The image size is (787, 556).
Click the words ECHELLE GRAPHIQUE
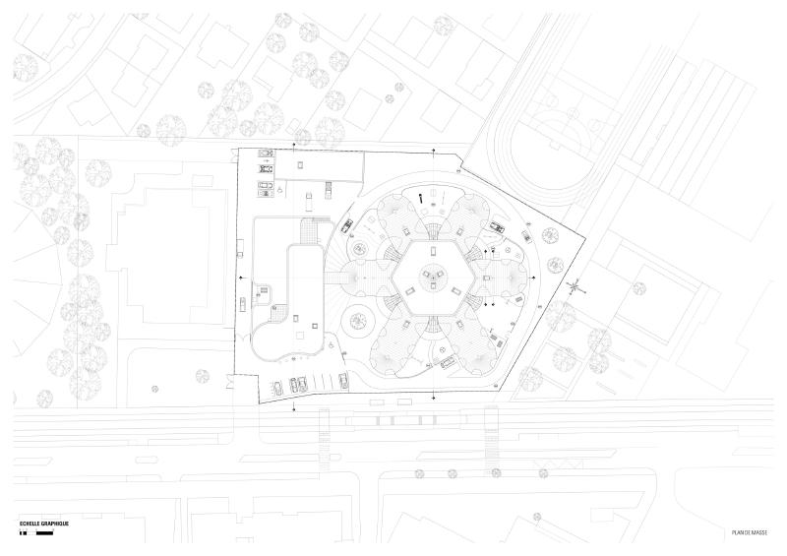coord(43,524)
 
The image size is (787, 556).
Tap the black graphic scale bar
coord(36,532)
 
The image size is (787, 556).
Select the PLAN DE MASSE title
coord(750,533)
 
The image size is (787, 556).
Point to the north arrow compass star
coord(576,287)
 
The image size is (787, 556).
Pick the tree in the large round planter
coord(357,320)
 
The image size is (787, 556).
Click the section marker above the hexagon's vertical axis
coord(434,151)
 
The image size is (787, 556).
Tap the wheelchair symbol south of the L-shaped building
coord(332,345)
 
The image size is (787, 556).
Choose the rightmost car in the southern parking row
coord(343,380)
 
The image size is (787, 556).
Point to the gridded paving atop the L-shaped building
coord(307,230)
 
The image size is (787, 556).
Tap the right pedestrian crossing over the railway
coord(490,440)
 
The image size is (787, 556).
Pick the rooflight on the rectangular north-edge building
coord(300,164)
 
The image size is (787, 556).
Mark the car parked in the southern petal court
coord(449,361)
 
